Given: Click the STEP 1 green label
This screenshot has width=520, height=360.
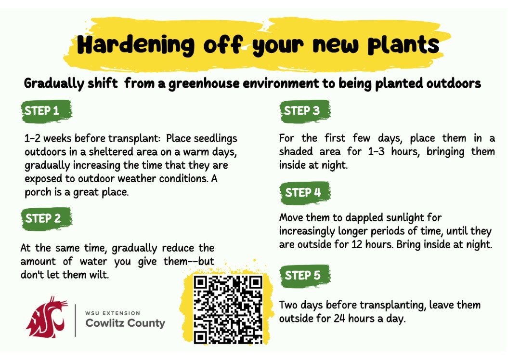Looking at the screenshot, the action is (x=46, y=110).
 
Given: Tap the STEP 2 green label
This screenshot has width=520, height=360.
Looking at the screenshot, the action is (x=46, y=218).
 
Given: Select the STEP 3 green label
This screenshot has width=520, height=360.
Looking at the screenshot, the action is (x=305, y=110).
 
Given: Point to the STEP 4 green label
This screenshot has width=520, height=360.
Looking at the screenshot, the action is (x=305, y=192).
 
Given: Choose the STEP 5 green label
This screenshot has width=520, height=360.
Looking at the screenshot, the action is (x=305, y=275).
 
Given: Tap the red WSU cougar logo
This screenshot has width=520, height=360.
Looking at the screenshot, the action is (x=46, y=317).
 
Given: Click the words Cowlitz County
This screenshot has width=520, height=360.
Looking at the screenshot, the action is (x=125, y=323).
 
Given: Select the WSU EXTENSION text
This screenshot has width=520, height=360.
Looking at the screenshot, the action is (x=113, y=313).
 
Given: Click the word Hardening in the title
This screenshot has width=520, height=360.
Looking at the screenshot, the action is (x=136, y=45).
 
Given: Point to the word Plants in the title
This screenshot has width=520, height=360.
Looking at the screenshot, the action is (x=403, y=45).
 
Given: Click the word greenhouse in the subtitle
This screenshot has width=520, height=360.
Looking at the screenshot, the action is (x=204, y=83).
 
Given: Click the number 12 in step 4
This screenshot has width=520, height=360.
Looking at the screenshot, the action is (x=357, y=244).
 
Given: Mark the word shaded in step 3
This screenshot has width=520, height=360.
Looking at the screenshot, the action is (x=296, y=152).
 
